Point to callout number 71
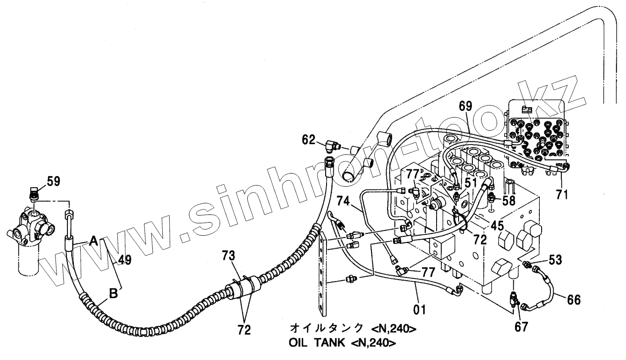tap(562, 195)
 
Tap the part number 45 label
tap(496, 226)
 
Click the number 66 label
tap(573, 300)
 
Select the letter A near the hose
tap(94, 240)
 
